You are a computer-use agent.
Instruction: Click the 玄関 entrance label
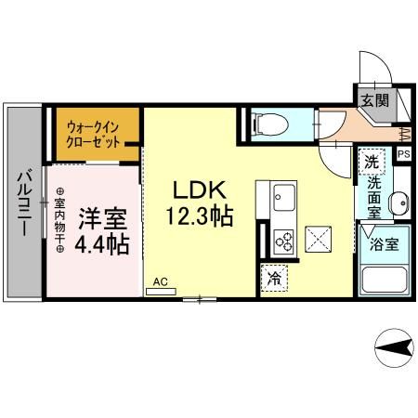374,99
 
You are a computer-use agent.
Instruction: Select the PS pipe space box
403,155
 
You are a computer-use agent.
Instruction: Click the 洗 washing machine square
372,162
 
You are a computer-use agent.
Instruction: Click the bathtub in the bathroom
385,279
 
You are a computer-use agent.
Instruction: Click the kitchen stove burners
281,242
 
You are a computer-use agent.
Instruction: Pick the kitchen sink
282,198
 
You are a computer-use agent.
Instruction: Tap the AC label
160,279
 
